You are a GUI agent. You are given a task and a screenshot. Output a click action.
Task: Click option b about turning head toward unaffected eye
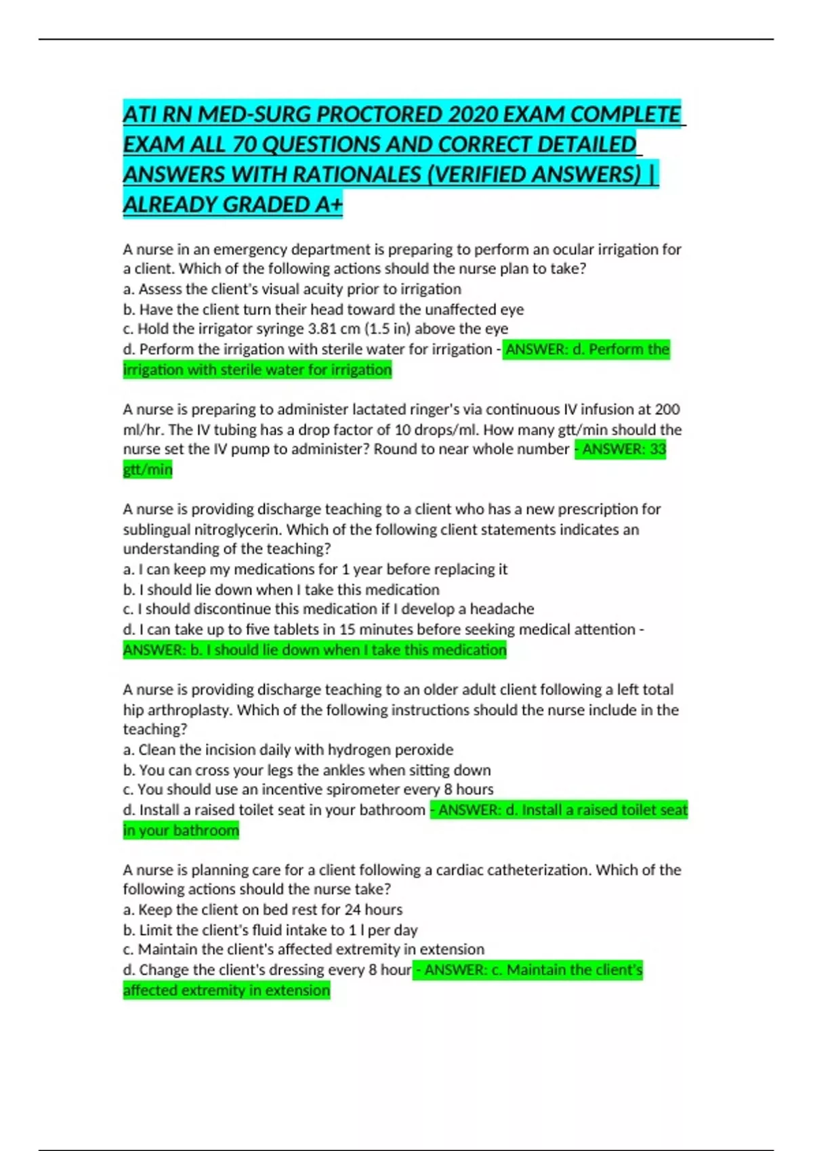[323, 309]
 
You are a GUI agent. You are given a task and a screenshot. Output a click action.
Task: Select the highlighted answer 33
[657, 449]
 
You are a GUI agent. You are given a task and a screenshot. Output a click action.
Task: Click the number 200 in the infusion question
[667, 409]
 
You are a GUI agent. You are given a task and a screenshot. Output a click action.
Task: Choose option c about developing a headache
[329, 609]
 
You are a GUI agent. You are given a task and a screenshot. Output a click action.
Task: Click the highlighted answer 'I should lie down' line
[315, 650]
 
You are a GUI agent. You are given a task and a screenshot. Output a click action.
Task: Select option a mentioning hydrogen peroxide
[288, 750]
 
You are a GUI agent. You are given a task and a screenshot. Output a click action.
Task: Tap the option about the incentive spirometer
[308, 789]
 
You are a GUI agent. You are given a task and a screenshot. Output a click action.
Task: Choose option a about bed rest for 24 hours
[263, 909]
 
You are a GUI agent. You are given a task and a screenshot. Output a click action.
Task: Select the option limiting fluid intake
[270, 930]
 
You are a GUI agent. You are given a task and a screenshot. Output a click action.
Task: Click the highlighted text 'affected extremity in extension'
[226, 990]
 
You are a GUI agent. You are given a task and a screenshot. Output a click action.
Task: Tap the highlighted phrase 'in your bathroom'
[181, 830]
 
